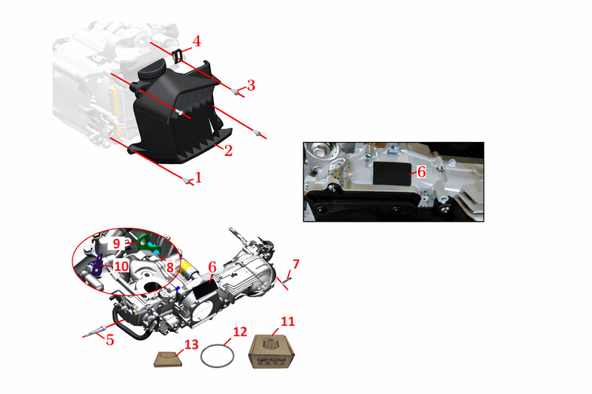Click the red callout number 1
(198, 177)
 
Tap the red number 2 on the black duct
(228, 151)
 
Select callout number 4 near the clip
(196, 41)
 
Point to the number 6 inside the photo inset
(421, 172)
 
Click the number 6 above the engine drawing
(212, 268)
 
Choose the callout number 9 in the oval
(116, 243)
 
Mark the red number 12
(240, 332)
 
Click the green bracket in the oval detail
(148, 243)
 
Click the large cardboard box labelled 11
(271, 352)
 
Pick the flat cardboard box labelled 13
(169, 359)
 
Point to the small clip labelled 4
(178, 55)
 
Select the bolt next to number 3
(235, 91)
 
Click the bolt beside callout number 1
(186, 180)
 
